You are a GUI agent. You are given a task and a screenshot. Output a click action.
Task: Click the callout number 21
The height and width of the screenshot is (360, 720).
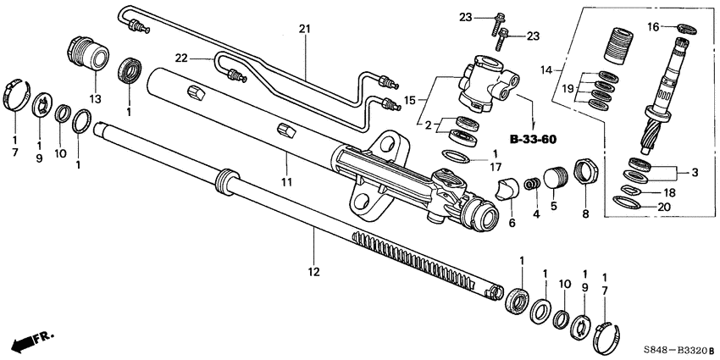coord(305,30)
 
